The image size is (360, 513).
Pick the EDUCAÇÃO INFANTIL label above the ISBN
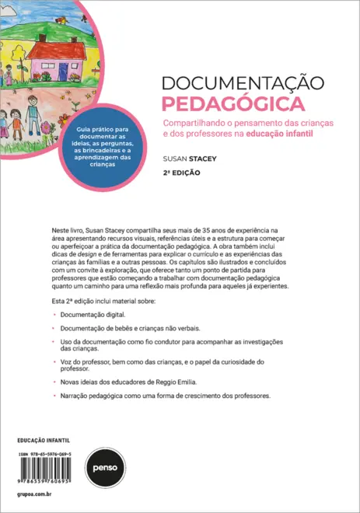pyautogui.click(x=43, y=439)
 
